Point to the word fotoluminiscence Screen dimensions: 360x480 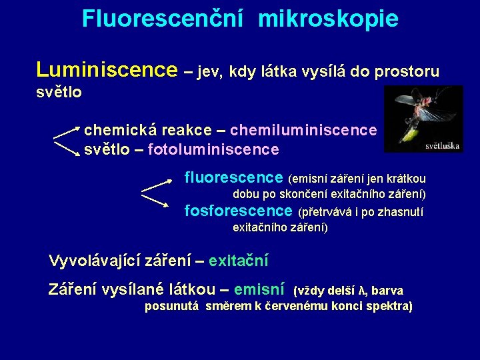pyautogui.click(x=213, y=149)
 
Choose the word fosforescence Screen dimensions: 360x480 pyautogui.click(x=238, y=211)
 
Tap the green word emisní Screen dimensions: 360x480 pyautogui.click(x=260, y=289)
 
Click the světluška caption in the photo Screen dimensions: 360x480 pyautogui.click(x=443, y=145)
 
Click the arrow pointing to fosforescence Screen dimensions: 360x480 pyautogui.click(x=155, y=199)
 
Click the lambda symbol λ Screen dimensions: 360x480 pyautogui.click(x=362, y=291)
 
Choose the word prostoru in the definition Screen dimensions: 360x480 pyautogui.click(x=407, y=71)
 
